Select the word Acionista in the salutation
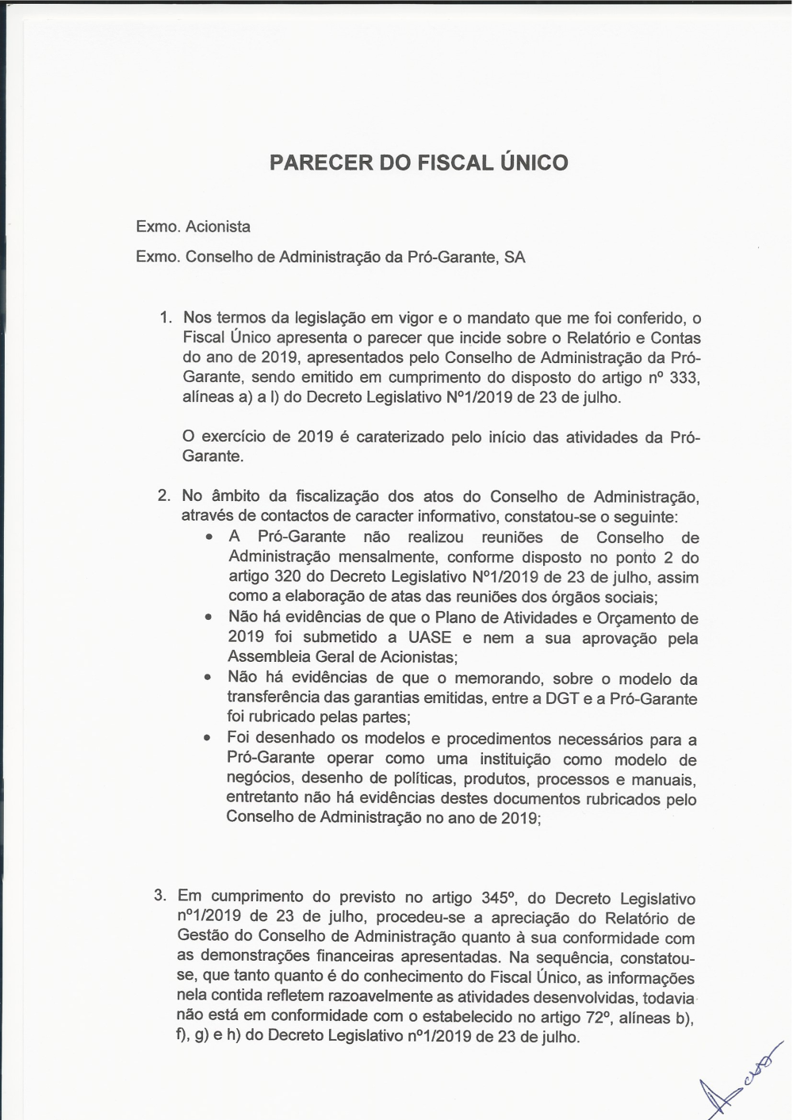[x=218, y=227]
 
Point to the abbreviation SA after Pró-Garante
[x=515, y=258]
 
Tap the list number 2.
[x=164, y=496]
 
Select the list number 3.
[x=160, y=896]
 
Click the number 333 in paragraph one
[x=684, y=378]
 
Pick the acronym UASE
[x=430, y=638]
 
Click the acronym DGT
[x=561, y=699]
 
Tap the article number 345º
[x=500, y=898]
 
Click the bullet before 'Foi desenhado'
[x=207, y=739]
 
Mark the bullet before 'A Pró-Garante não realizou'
[x=209, y=537]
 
